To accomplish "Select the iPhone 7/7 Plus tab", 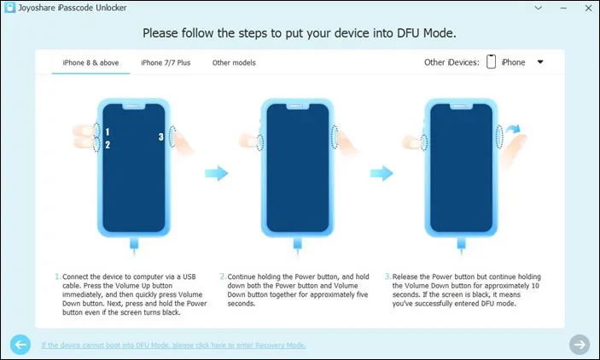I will [166, 62].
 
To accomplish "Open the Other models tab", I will [234, 62].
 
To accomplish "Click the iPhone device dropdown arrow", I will [540, 62].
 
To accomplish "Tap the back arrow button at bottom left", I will [20, 345].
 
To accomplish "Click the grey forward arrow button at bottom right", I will [580, 345].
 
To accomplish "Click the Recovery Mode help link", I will [173, 345].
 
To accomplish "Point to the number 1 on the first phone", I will [108, 133].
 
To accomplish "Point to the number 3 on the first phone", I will [161, 136].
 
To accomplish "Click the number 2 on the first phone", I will [108, 145].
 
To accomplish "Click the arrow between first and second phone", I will [218, 173].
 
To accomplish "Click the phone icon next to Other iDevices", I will [492, 62].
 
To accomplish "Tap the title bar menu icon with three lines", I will [510, 9].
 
